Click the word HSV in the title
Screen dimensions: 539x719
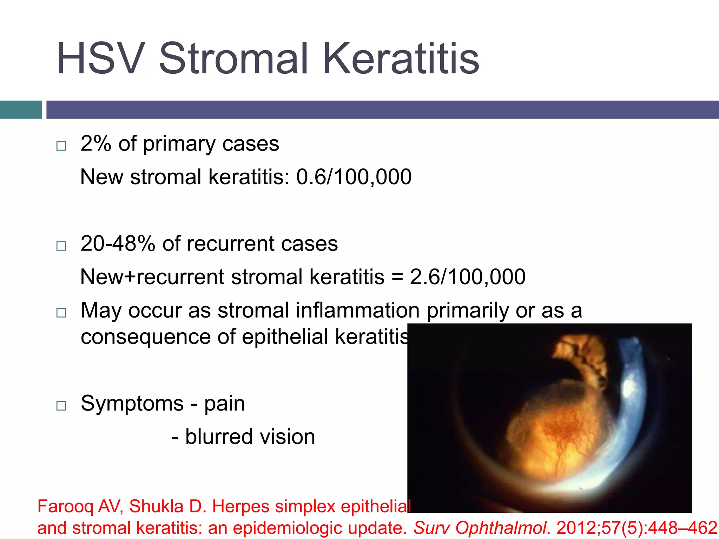pos(101,59)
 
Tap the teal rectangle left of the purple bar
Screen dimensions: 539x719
pos(21,109)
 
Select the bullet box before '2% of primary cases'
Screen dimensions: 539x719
pos(61,146)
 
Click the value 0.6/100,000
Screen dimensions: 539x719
pos(354,177)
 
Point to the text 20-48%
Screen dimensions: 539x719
pos(118,244)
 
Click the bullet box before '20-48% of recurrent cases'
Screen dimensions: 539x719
pos(61,246)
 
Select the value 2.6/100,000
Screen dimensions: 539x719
pos(467,277)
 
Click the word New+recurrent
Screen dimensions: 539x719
pos(151,277)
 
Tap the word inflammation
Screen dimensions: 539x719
pos(358,310)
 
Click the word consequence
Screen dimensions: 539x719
pos(145,337)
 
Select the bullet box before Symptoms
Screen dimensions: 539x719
pos(61,406)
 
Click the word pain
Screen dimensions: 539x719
pos(224,404)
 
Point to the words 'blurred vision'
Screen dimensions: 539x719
pos(250,437)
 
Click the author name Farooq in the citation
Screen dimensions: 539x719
pos(65,506)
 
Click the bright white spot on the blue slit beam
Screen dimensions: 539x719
pos(628,388)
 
